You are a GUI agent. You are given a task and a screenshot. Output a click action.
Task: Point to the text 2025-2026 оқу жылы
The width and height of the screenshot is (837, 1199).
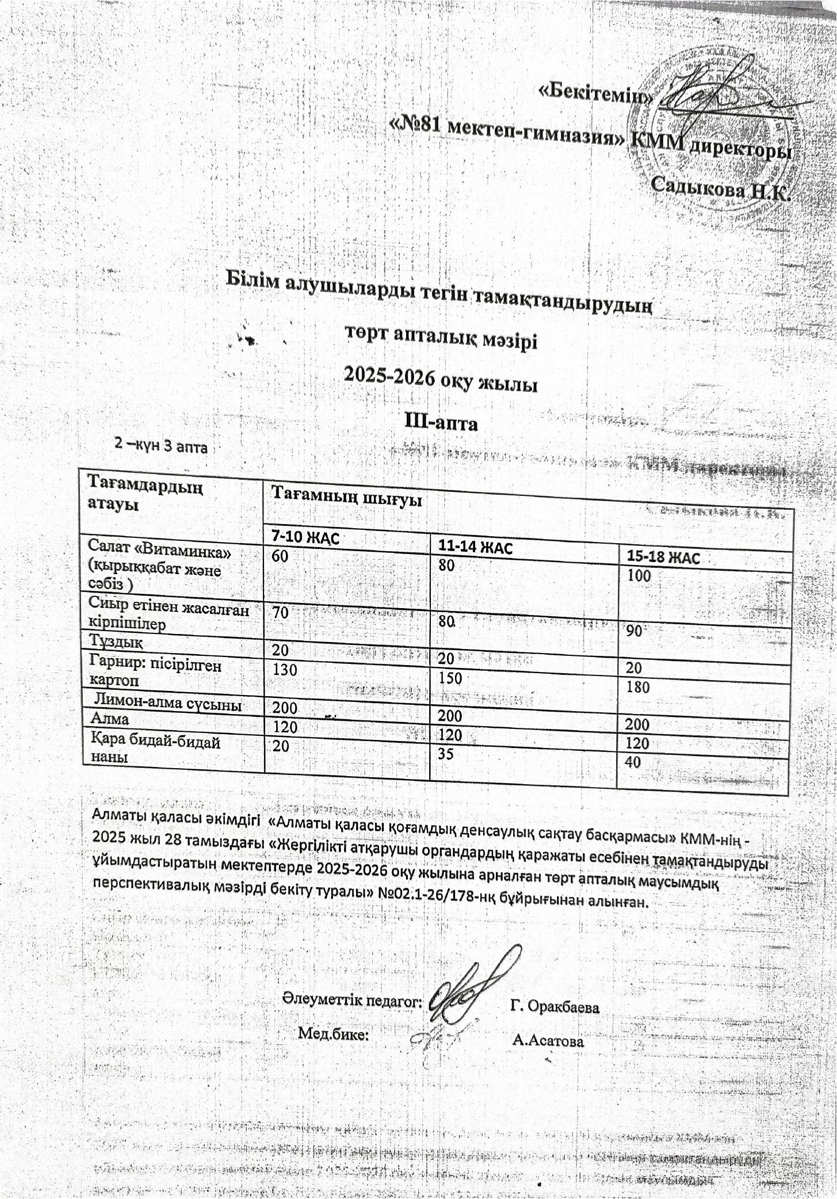pos(440,383)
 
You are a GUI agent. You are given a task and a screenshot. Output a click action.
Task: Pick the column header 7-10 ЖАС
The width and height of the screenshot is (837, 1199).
pos(305,538)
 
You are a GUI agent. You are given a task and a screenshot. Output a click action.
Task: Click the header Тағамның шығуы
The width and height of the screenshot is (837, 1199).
pos(347,496)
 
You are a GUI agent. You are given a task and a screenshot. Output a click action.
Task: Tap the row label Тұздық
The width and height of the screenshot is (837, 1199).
pos(116,639)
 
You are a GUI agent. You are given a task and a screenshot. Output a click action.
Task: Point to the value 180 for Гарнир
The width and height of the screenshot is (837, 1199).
pos(639,686)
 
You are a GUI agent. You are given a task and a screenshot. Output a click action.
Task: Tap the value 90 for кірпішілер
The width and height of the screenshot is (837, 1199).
pos(634,631)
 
